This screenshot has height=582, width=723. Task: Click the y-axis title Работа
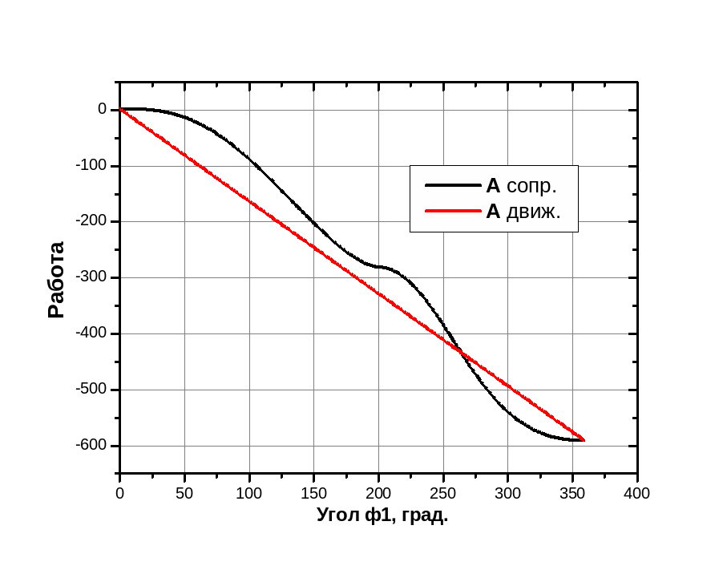[x=56, y=280]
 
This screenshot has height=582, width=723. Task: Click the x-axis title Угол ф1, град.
[x=382, y=515]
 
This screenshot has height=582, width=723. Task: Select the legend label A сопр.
[x=521, y=186]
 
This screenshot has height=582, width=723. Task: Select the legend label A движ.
[x=523, y=212]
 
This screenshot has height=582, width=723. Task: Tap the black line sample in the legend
[x=452, y=186]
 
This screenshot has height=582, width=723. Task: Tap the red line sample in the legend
[x=452, y=212]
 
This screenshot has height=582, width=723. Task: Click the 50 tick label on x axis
[x=184, y=493]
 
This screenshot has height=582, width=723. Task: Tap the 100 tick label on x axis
[x=249, y=493]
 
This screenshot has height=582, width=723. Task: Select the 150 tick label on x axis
[x=314, y=493]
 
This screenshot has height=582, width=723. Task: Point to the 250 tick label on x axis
[x=443, y=493]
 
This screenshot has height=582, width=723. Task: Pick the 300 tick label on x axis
[x=508, y=493]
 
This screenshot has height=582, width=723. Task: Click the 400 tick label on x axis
[x=637, y=493]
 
